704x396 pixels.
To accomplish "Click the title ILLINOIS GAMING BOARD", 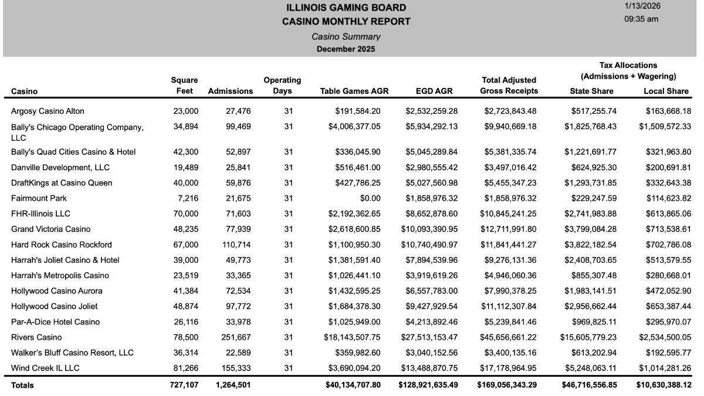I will (346, 8).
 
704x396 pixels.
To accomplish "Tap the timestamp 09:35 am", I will (641, 19).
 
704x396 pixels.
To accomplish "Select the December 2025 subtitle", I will (346, 49).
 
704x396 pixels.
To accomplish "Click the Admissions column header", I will (231, 91).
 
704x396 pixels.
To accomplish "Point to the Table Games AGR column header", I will (354, 91).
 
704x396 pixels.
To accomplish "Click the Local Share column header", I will (666, 91).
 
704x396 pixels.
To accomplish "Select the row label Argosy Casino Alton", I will (48, 111).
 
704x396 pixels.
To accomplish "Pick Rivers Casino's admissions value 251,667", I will (237, 337).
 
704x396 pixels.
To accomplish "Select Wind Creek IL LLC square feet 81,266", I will (185, 368).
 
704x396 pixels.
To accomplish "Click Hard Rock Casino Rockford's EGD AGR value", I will (431, 245).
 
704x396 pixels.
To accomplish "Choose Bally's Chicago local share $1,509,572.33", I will (665, 127).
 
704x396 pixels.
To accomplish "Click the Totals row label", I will (22, 385).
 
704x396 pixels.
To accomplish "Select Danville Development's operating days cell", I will (288, 167).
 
